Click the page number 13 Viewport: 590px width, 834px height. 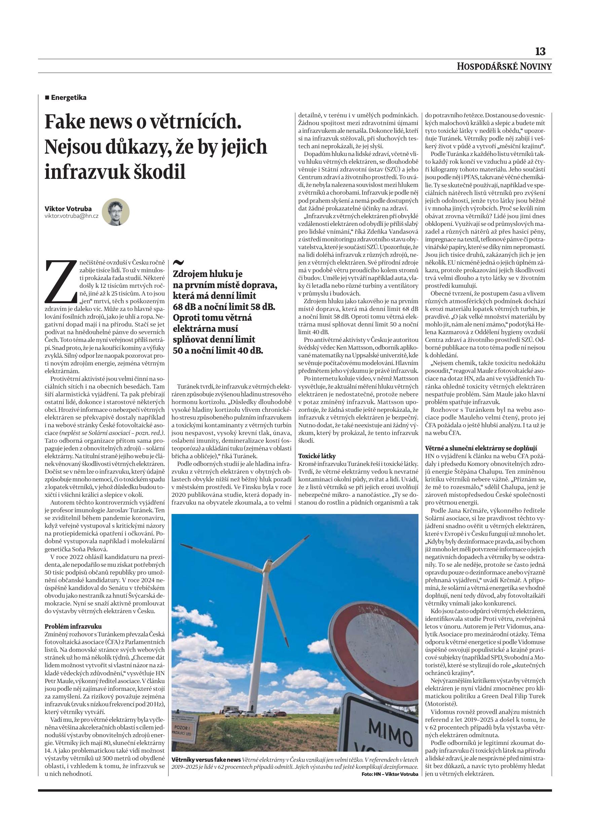point(540,51)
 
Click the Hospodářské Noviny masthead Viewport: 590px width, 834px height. point(504,67)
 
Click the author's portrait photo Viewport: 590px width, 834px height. point(116,212)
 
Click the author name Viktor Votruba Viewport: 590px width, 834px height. point(68,208)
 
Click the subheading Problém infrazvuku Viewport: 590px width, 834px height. point(73,626)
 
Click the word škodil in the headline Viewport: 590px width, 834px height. point(159,171)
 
